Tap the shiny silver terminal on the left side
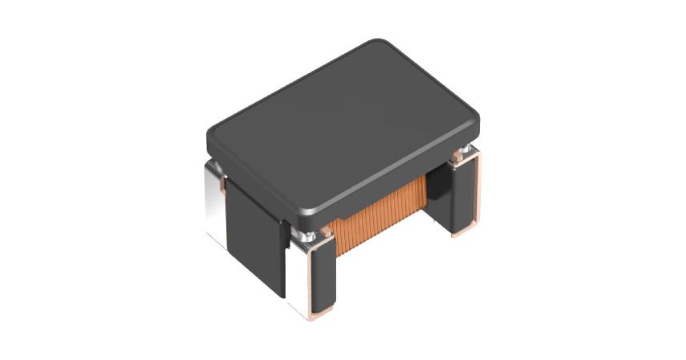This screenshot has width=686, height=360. point(214,200)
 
